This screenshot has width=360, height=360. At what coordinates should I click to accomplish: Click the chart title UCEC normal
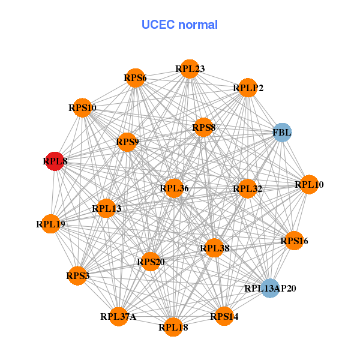[179, 25]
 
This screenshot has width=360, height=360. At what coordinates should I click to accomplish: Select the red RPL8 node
[55, 161]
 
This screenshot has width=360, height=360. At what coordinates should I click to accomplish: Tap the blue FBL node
[282, 132]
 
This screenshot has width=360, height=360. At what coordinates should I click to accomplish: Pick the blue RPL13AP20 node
[270, 288]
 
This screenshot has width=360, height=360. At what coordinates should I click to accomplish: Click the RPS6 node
[136, 77]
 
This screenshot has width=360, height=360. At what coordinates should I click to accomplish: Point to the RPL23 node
[190, 69]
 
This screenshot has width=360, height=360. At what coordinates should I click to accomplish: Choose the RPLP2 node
[248, 88]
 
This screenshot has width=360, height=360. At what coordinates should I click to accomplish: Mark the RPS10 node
[82, 108]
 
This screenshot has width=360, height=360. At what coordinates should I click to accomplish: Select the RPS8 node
[204, 127]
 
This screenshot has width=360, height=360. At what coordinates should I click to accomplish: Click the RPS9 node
[127, 142]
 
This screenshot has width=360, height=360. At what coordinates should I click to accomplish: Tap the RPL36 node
[174, 188]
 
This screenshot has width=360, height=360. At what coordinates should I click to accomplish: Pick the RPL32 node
[248, 189]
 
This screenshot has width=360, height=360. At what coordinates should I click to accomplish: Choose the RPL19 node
[50, 224]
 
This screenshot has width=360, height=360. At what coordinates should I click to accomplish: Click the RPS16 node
[294, 241]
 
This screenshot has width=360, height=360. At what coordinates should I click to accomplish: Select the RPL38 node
[215, 247]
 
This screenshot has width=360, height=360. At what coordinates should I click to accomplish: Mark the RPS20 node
[150, 261]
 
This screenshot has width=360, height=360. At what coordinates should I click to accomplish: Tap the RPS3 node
[78, 275]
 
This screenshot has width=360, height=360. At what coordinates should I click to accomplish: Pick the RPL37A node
[118, 316]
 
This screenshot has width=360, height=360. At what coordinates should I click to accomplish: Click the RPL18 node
[173, 327]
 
